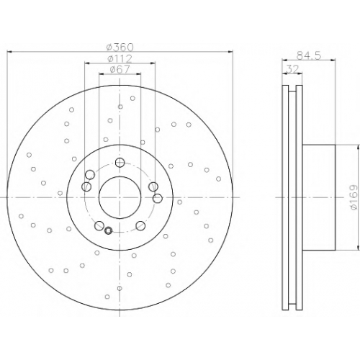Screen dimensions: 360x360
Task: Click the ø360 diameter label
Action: click(120, 48)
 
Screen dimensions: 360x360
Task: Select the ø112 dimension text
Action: click(120, 58)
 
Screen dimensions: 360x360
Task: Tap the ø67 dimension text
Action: click(120, 69)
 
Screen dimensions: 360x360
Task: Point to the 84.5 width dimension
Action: click(309, 55)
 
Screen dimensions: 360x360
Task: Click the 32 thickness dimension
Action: click(292, 69)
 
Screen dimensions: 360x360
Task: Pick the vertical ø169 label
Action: click(354, 197)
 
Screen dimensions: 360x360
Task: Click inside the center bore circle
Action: click(120, 197)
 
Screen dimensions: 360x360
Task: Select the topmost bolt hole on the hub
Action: click(120, 163)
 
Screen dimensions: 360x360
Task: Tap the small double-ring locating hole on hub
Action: click(109, 230)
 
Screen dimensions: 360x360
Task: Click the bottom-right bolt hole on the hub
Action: click(140, 225)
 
